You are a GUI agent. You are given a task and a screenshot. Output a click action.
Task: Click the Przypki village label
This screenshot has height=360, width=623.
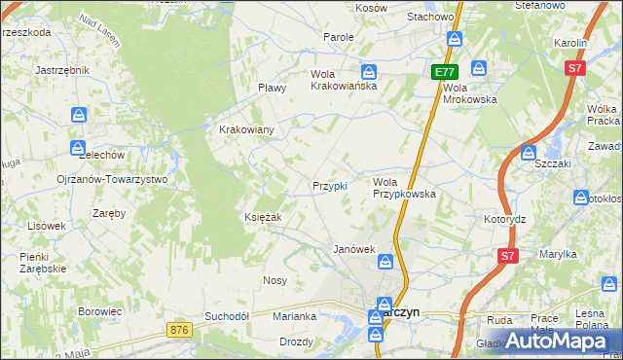point(329,186)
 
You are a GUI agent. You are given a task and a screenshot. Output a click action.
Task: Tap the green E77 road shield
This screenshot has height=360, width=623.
point(445,72)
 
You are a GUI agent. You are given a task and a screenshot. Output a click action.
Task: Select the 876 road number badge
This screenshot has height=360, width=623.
point(176,331)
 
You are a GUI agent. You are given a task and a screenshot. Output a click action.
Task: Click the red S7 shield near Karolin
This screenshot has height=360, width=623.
point(575,68)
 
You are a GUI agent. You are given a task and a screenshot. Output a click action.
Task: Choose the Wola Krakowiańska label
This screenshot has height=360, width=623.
point(344,80)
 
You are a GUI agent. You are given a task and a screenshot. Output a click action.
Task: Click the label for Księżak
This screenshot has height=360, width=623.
point(263,217)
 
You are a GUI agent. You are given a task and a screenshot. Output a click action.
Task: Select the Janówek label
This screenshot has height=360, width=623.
point(354,249)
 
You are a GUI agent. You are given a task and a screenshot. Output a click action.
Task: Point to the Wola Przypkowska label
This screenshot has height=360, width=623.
point(404,188)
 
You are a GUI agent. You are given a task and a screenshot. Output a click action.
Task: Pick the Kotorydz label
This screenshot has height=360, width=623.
point(504,219)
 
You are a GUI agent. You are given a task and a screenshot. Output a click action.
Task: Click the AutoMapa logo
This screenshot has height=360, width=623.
point(564,342)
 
